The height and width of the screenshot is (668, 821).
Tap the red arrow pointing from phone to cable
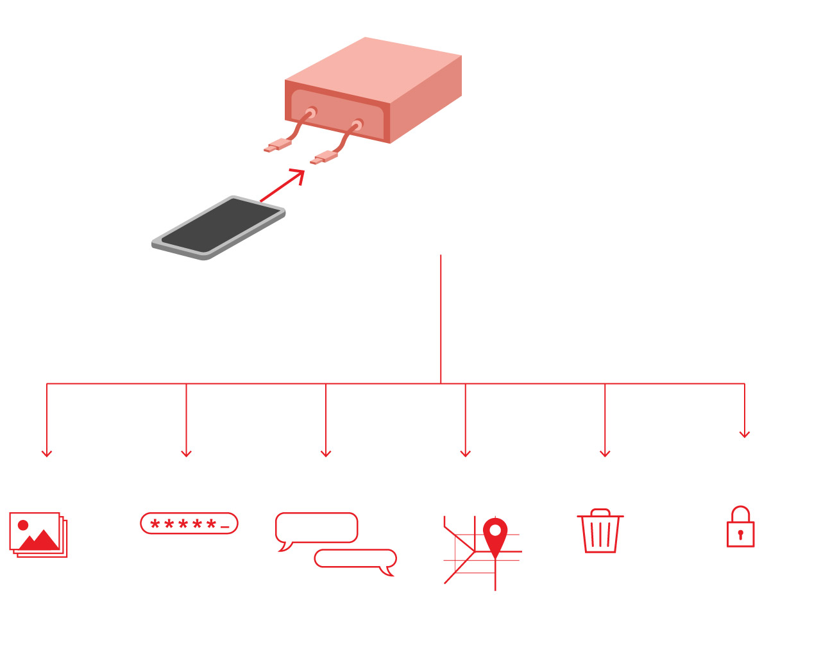click(x=282, y=186)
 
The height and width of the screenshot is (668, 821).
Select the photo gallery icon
click(x=38, y=535)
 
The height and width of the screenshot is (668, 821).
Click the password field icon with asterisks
click(x=189, y=524)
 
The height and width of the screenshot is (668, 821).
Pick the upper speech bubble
click(x=316, y=528)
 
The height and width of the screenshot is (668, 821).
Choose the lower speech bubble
click(x=355, y=559)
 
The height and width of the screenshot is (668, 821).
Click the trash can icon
click(x=600, y=531)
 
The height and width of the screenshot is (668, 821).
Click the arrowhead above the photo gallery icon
click(x=47, y=454)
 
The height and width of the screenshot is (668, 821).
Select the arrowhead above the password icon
click(x=186, y=454)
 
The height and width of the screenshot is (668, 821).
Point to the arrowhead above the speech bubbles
click(x=326, y=454)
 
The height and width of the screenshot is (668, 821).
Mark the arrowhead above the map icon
click(x=466, y=454)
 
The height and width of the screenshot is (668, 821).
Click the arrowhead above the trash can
click(x=605, y=454)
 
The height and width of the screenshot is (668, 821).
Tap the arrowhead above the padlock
click(x=745, y=435)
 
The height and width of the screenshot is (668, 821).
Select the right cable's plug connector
click(x=325, y=158)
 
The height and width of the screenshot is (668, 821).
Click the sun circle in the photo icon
click(x=23, y=525)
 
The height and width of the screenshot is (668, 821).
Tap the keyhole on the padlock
click(x=740, y=534)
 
